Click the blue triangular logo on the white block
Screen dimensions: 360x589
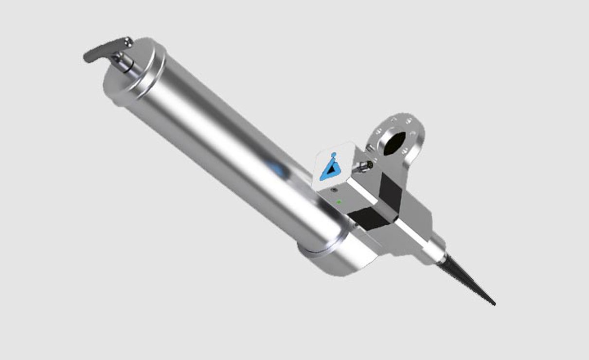pos(332,169)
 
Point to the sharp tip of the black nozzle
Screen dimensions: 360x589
pos(494,305)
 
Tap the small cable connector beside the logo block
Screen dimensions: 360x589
pos(365,166)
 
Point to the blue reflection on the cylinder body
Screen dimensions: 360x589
pos(276,169)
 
